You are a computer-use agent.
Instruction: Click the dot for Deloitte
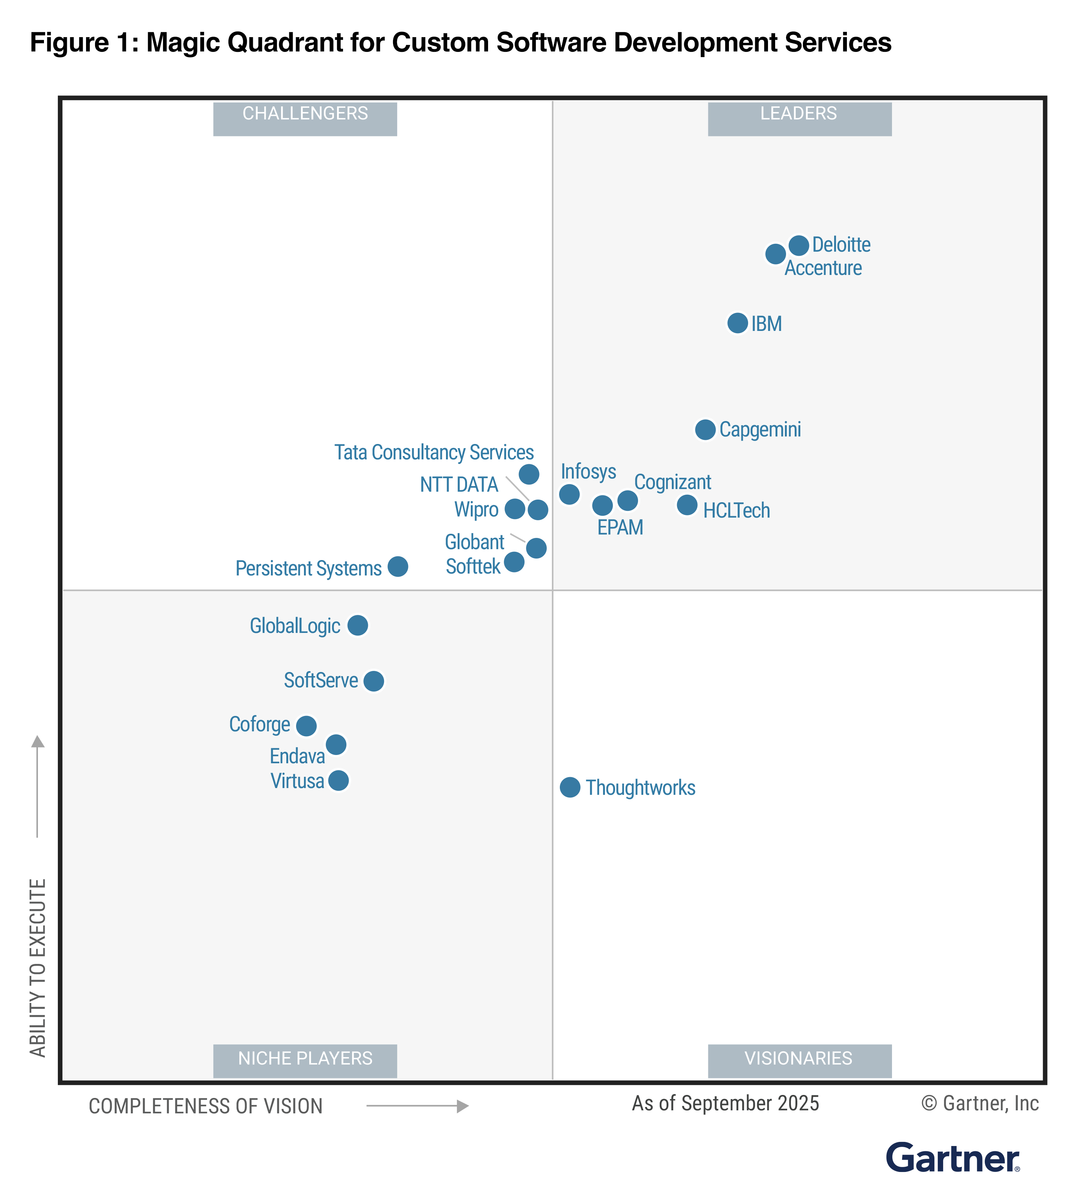(x=798, y=245)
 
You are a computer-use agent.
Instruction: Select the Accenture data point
(x=775, y=254)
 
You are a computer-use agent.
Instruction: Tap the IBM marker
(x=738, y=323)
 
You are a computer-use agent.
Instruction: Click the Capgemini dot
(x=705, y=429)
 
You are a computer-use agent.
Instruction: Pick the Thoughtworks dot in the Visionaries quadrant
(x=570, y=787)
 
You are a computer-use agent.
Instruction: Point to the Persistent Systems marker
(x=398, y=566)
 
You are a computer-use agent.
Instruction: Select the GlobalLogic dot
(x=358, y=625)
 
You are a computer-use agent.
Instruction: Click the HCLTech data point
(x=687, y=505)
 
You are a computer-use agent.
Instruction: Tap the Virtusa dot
(x=339, y=781)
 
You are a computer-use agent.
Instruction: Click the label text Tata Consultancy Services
(x=434, y=453)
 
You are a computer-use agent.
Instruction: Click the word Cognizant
(x=673, y=482)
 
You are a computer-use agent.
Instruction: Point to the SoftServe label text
(x=321, y=680)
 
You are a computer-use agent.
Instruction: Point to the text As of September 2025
(x=725, y=1104)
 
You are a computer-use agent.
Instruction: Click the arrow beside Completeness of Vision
(x=417, y=1106)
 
